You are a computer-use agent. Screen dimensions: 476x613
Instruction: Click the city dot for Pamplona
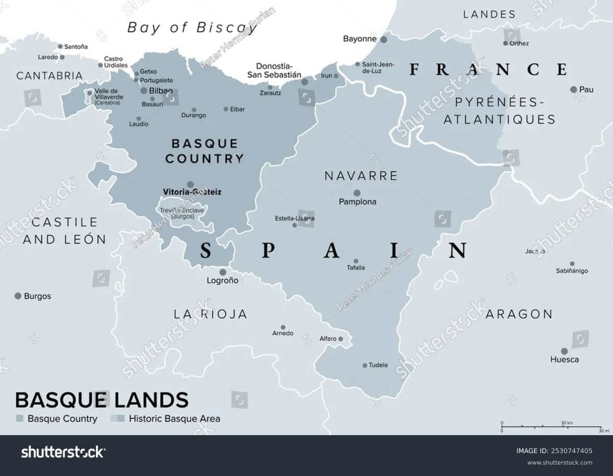pyautogui.click(x=357, y=193)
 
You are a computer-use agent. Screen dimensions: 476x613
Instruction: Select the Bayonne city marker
pyautogui.click(x=384, y=39)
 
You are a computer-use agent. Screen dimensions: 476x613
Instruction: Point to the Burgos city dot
pyautogui.click(x=18, y=296)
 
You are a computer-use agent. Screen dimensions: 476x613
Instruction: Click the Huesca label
pyautogui.click(x=564, y=360)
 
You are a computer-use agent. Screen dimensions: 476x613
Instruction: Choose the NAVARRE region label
pyautogui.click(x=361, y=176)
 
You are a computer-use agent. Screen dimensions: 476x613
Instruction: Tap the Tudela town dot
pyautogui.click(x=365, y=365)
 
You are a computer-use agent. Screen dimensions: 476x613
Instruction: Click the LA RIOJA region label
pyautogui.click(x=210, y=314)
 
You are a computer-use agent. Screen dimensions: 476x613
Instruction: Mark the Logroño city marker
pyautogui.click(x=223, y=272)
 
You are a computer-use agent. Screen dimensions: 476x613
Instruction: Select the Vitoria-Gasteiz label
pyautogui.click(x=192, y=193)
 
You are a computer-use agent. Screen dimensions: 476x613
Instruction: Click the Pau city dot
pyautogui.click(x=574, y=89)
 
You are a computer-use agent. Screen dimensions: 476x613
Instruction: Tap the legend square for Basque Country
pyautogui.click(x=20, y=419)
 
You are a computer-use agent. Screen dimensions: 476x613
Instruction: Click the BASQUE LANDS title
pyautogui.click(x=102, y=400)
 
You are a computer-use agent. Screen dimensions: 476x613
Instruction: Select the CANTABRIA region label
pyautogui.click(x=50, y=76)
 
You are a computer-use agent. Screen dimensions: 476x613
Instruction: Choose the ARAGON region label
pyautogui.click(x=519, y=314)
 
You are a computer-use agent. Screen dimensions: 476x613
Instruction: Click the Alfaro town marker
pyautogui.click(x=341, y=339)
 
